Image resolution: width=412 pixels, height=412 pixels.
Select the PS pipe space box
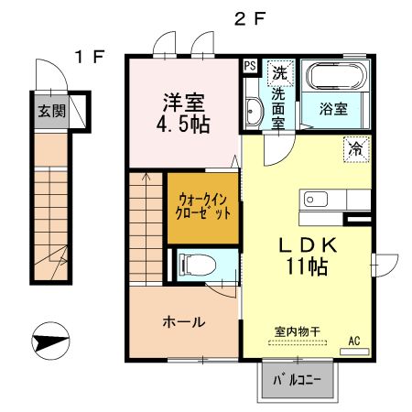[250, 66]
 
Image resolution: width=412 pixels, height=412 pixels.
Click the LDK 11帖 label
[309, 255]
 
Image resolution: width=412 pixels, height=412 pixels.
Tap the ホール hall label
[183, 322]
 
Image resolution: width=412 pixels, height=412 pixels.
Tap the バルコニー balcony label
[298, 380]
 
